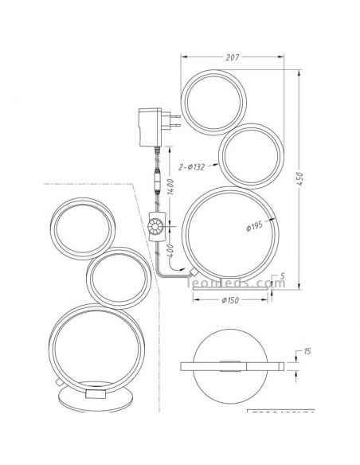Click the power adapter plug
pos(157,123)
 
